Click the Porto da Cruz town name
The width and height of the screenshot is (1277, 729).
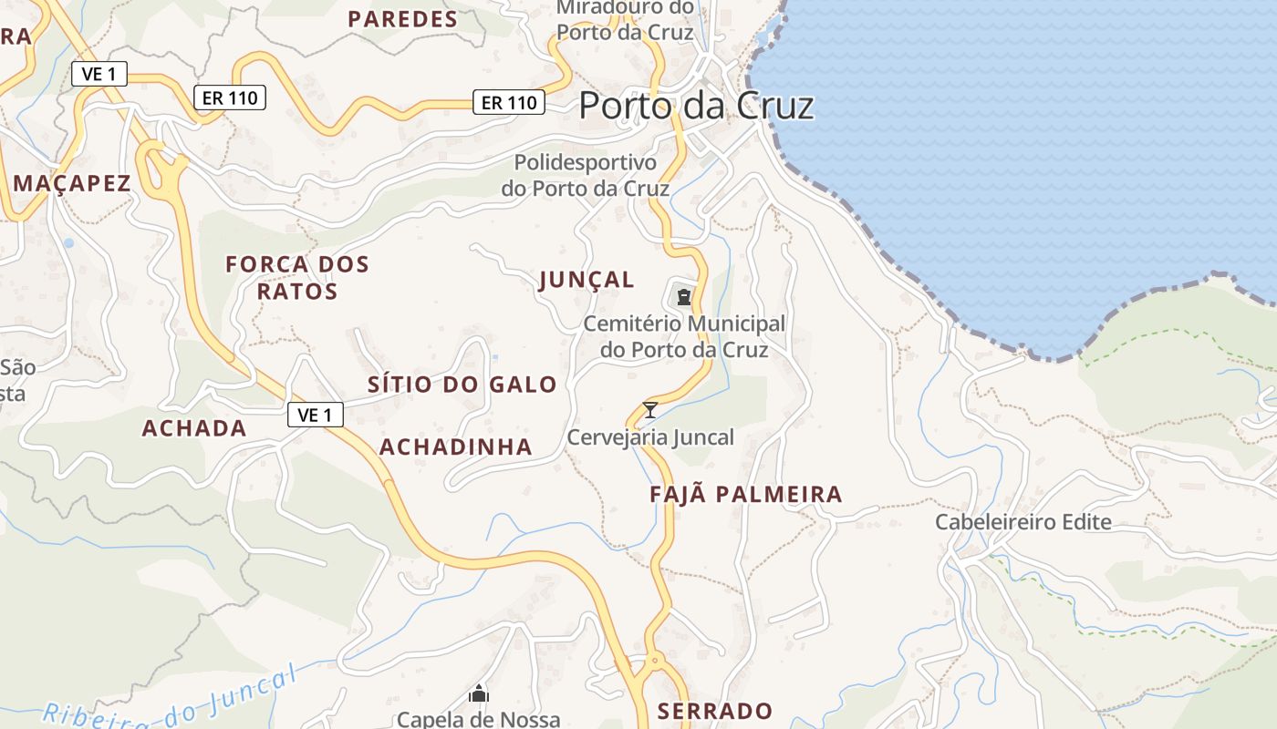pos(696,106)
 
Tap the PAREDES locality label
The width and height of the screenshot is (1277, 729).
pos(402,19)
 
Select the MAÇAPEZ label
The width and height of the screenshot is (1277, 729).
pos(72,183)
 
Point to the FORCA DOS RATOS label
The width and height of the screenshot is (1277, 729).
pos(297,278)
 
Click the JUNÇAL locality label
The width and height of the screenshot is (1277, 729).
pos(587,280)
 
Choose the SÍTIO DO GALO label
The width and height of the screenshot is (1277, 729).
pos(462,385)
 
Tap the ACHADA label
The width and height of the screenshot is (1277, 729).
pos(194,428)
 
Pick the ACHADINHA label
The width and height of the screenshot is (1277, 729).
pos(455,447)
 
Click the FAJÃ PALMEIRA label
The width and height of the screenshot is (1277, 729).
pos(745,495)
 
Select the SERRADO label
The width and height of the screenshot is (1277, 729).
pos(714,711)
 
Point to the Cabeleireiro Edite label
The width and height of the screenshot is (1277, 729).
pos(1023,522)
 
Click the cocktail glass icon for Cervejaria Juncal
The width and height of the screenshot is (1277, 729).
pos(650,410)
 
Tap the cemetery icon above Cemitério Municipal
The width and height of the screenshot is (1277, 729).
pos(683,296)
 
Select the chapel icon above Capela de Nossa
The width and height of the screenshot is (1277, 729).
pos(479,694)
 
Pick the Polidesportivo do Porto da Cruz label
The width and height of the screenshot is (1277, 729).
pos(585,176)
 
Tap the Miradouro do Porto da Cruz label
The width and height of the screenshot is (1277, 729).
pos(625,20)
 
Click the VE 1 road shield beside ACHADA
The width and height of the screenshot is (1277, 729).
pos(315,416)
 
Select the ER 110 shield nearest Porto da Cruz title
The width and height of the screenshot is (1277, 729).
pos(509,103)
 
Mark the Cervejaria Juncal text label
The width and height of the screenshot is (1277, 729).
pos(650,437)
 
